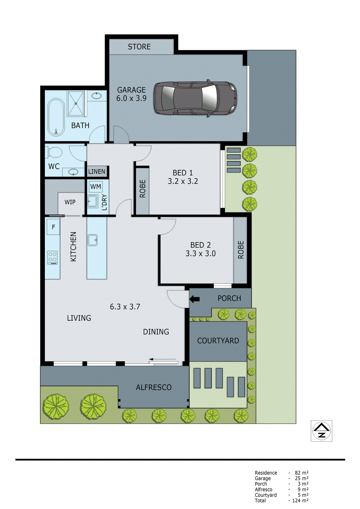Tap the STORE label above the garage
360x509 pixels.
(139, 47)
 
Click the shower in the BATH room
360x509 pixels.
(76, 103)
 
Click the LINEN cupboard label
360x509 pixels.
(97, 172)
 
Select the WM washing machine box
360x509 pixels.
(95, 187)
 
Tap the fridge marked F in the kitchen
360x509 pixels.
(53, 227)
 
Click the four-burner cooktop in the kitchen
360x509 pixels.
(53, 257)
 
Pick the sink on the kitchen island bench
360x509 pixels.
(93, 240)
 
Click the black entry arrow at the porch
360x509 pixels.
(194, 299)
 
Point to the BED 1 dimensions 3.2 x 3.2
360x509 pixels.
(183, 181)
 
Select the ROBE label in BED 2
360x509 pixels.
(241, 250)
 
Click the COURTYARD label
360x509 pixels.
(218, 341)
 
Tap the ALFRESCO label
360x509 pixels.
(153, 387)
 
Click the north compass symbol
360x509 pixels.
(321, 431)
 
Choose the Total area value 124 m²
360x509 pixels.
(300, 501)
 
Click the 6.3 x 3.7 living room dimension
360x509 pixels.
(125, 307)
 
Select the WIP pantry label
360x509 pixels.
(70, 202)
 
